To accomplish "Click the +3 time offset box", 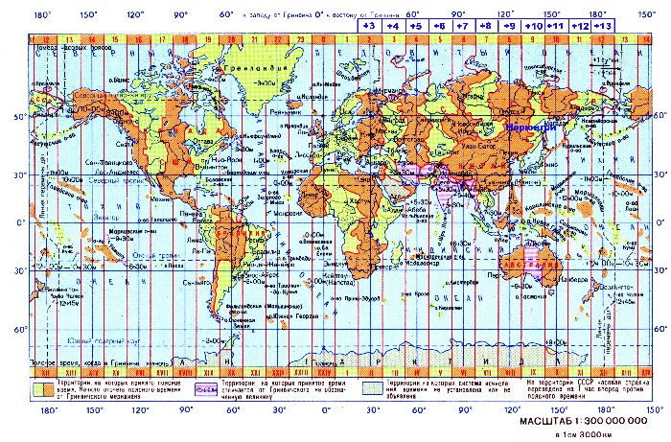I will click(x=367, y=27).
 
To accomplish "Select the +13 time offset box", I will click(x=605, y=27).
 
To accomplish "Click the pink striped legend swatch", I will click(x=203, y=389).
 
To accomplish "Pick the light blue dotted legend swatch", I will click(x=375, y=389).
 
